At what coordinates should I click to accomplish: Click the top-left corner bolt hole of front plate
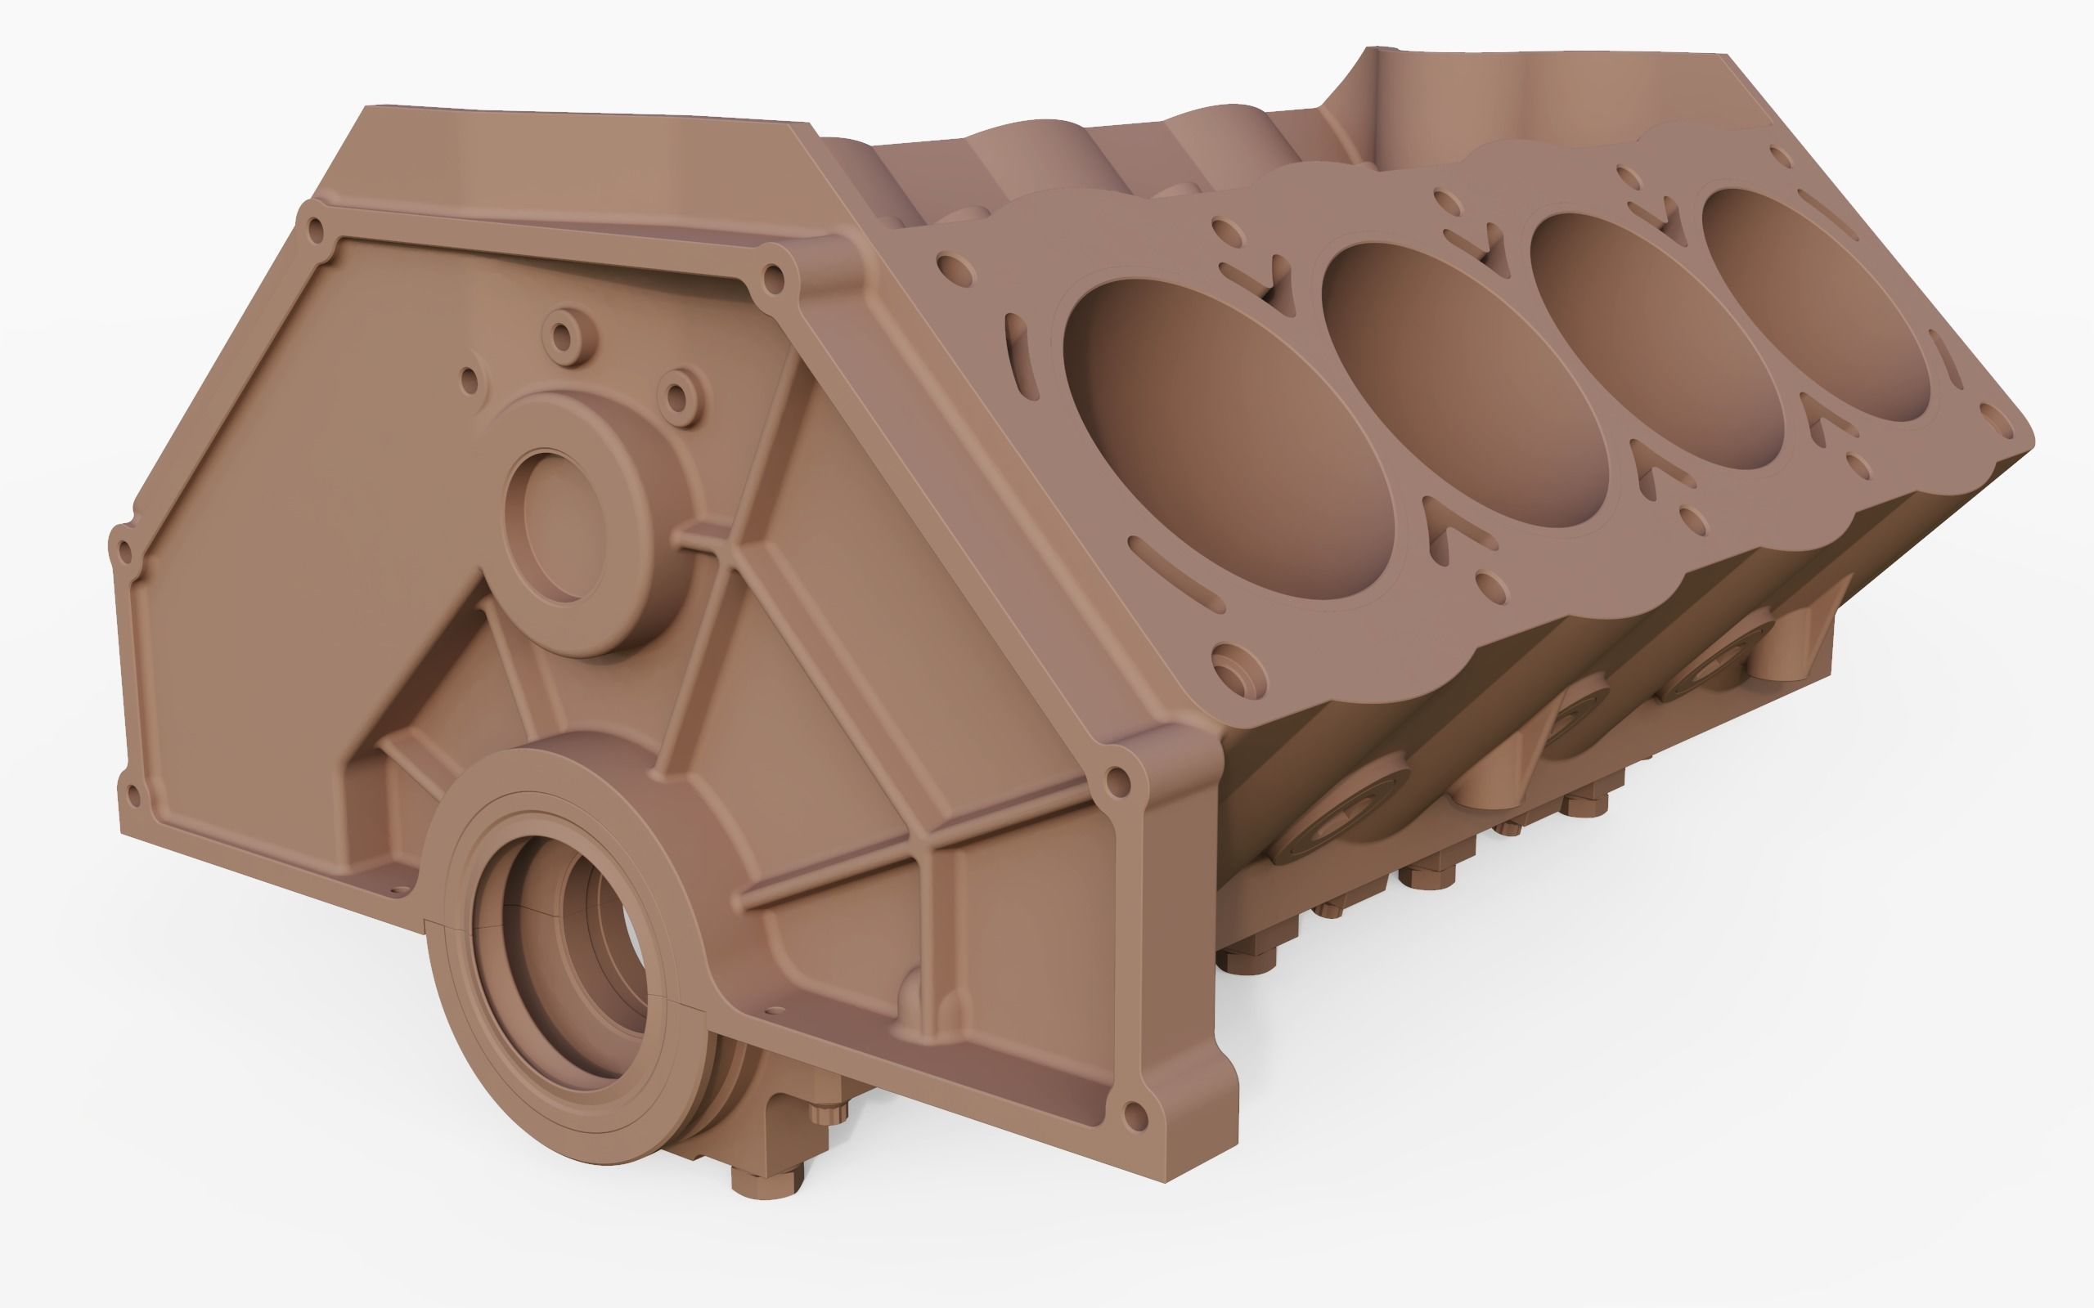[x=315, y=230]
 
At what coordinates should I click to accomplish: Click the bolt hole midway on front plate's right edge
[x=1118, y=783]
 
